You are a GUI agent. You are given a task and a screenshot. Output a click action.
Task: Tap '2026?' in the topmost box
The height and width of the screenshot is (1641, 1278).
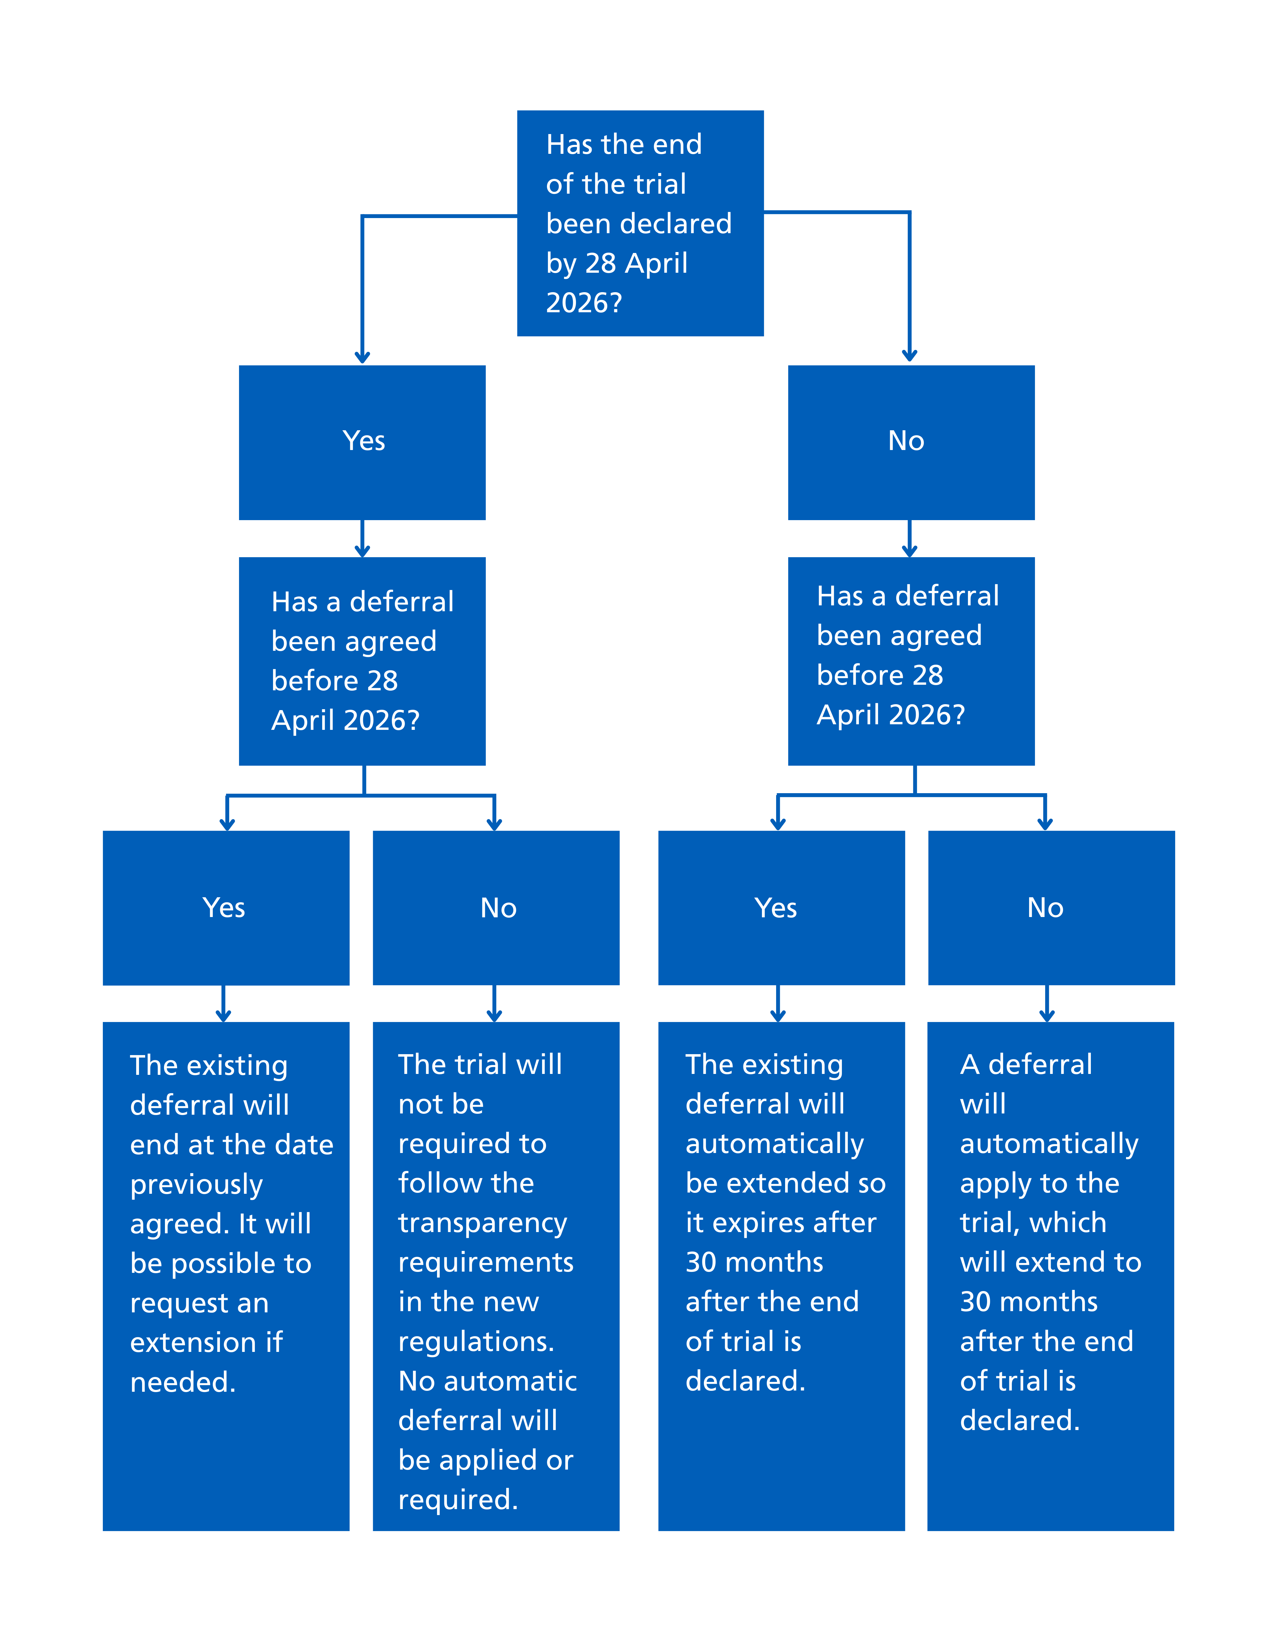(584, 303)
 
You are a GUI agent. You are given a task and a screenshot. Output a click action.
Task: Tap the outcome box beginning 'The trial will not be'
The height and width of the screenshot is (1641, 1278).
(496, 1277)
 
